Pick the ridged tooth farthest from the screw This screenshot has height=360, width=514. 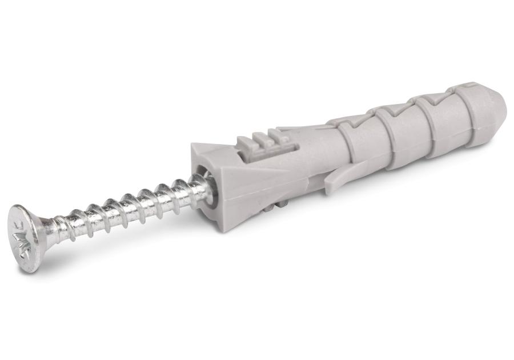(280, 136)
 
